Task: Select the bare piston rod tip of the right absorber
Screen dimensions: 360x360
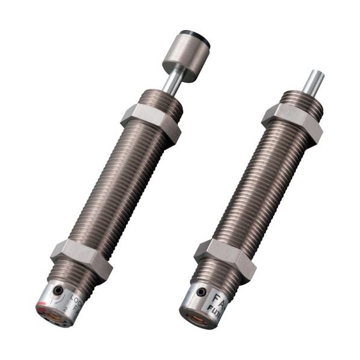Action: (x=314, y=81)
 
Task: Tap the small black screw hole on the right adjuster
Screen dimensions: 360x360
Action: (x=202, y=292)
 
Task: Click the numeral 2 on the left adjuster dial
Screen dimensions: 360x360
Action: (x=65, y=310)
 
